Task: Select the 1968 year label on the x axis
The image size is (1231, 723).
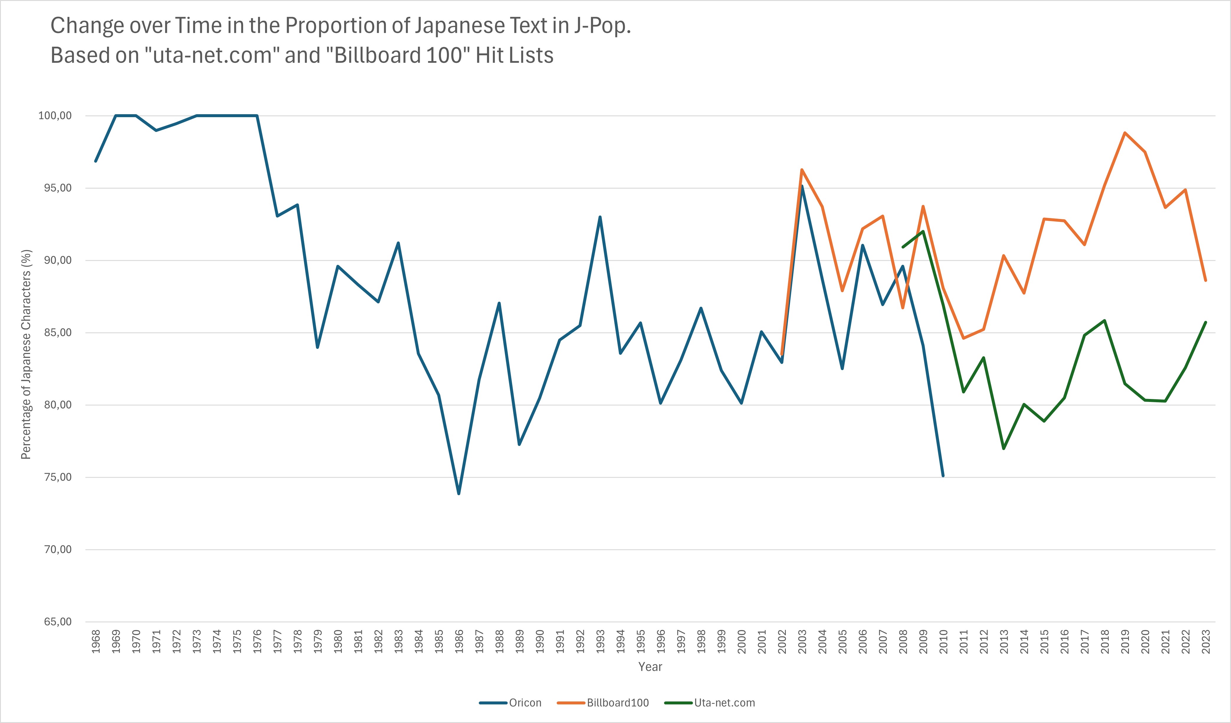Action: [x=96, y=642]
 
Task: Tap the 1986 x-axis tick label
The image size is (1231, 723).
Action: [x=459, y=642]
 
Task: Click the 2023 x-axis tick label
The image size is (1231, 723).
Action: [x=1206, y=642]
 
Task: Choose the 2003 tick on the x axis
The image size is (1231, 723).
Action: [x=802, y=642]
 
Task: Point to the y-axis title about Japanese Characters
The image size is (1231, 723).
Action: [x=26, y=354]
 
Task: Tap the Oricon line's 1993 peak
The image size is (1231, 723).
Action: [x=600, y=217]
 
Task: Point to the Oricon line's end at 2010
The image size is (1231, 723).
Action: [x=943, y=475]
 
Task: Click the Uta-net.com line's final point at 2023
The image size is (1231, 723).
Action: [x=1206, y=323]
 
